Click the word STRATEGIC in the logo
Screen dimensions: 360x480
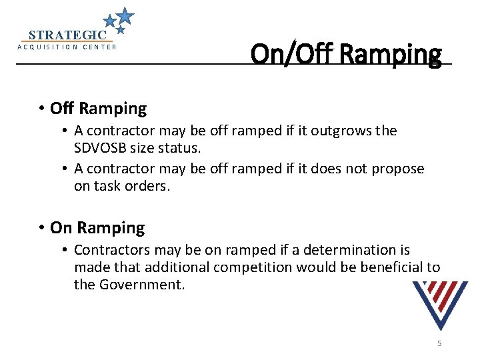click(67, 35)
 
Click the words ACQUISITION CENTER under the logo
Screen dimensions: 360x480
click(67, 47)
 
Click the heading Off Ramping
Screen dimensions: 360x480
click(98, 108)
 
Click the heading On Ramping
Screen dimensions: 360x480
click(97, 228)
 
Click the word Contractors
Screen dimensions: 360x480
click(112, 250)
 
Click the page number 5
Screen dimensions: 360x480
click(439, 343)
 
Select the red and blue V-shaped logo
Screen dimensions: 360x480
click(440, 303)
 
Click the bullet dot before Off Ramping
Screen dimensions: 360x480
click(41, 109)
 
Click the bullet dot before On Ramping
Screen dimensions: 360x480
click(41, 229)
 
